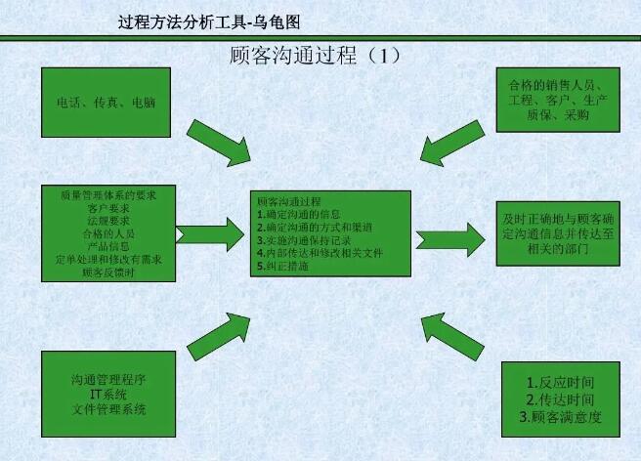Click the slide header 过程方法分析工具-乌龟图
pyautogui.click(x=209, y=22)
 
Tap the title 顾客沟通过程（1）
pyautogui.click(x=316, y=56)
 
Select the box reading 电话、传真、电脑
pyautogui.click(x=106, y=103)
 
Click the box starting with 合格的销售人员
pyautogui.click(x=558, y=101)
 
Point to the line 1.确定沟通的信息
pyautogui.click(x=299, y=214)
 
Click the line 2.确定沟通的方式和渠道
pyautogui.click(x=315, y=228)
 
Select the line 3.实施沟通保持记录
pyautogui.click(x=304, y=240)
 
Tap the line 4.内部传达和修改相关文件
pyautogui.click(x=320, y=253)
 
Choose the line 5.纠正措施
pyautogui.click(x=283, y=266)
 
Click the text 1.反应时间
pyautogui.click(x=560, y=383)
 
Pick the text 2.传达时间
pyautogui.click(x=560, y=399)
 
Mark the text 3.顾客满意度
pyautogui.click(x=560, y=417)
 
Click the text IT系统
pyautogui.click(x=108, y=395)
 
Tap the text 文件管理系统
pyautogui.click(x=108, y=409)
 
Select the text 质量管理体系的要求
pyautogui.click(x=108, y=195)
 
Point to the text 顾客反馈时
pyautogui.click(x=108, y=272)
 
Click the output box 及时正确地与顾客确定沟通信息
pyautogui.click(x=558, y=233)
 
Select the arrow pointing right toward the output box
pyautogui.click(x=450, y=240)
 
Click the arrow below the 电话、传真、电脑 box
pyautogui.click(x=220, y=143)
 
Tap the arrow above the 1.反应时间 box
pyautogui.click(x=452, y=337)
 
